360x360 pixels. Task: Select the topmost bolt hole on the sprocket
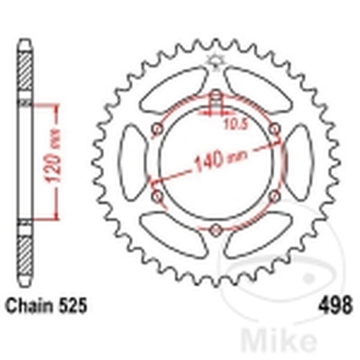(x=216, y=95)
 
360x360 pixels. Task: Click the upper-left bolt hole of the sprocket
(x=157, y=130)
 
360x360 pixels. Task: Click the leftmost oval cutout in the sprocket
(x=133, y=162)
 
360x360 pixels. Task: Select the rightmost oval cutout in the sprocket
(x=298, y=162)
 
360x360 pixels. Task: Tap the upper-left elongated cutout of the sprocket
(x=173, y=90)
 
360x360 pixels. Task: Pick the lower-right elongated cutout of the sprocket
(x=259, y=234)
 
